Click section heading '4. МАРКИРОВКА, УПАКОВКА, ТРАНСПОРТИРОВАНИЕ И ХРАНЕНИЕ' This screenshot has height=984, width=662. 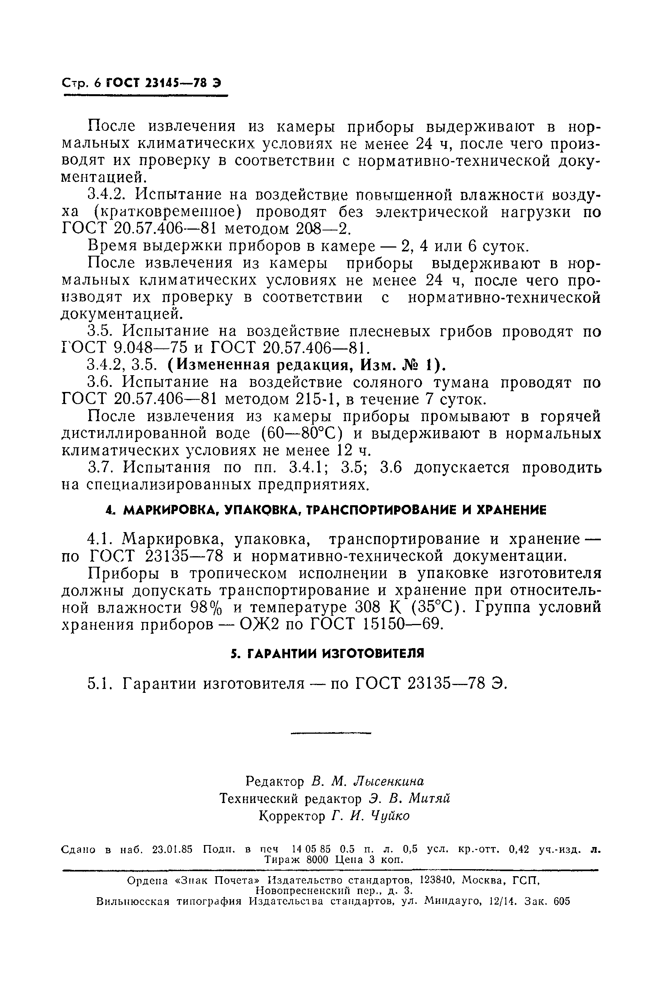326,510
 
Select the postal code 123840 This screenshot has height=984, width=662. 436,880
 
